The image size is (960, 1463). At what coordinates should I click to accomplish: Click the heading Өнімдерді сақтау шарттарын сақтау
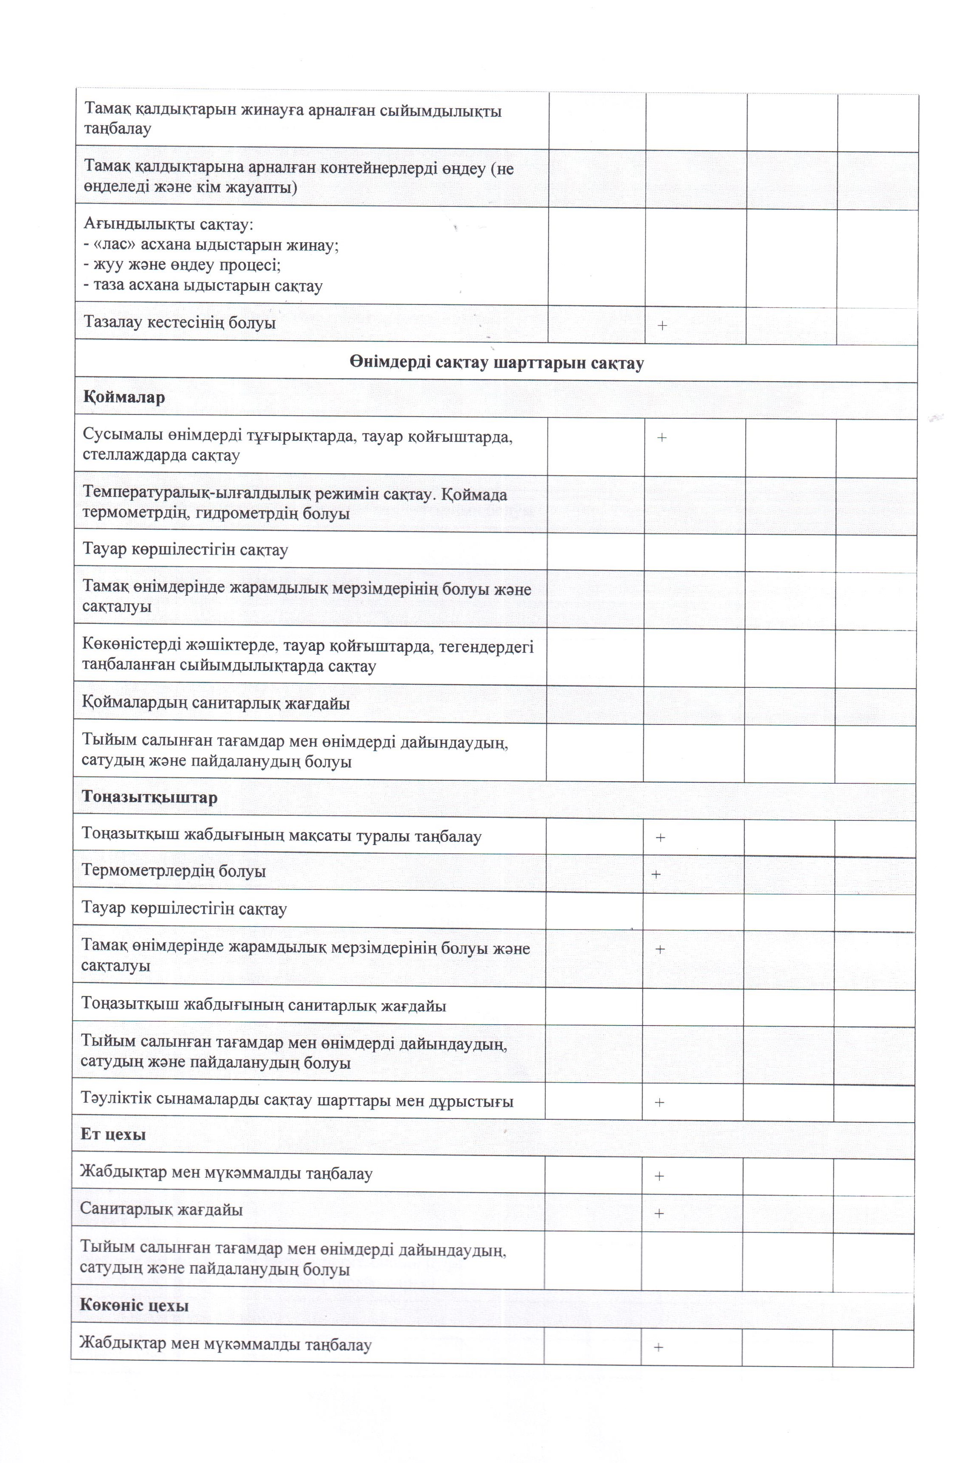click(x=496, y=363)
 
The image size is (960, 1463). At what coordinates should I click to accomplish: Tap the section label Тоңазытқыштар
click(x=149, y=797)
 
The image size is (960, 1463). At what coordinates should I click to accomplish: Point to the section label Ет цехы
click(x=113, y=1134)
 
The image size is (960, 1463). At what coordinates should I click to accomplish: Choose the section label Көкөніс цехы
click(x=134, y=1305)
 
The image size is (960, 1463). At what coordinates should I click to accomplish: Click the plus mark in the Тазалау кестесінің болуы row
click(x=662, y=325)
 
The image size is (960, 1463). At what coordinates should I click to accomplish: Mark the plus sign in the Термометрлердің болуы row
click(x=656, y=874)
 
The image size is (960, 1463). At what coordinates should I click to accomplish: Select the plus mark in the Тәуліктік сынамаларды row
click(x=660, y=1102)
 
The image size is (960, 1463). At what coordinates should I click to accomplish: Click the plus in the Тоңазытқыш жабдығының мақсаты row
click(x=660, y=837)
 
